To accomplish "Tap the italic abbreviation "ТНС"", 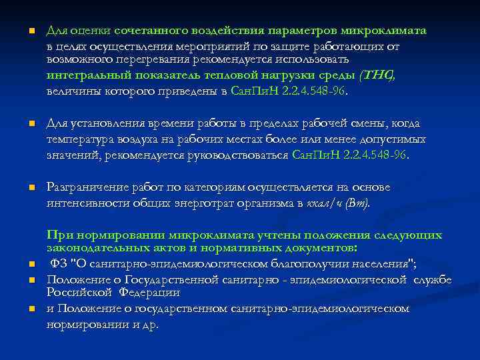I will coord(377,76).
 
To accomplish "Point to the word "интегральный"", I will coord(81,76).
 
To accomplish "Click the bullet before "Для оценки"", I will coord(22,32).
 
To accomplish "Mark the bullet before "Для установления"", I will coord(22,124).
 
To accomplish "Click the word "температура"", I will coord(79,139).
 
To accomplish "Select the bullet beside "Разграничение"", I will coord(22,187).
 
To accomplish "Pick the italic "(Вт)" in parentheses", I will coord(357,203).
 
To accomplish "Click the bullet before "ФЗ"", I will coord(22,264).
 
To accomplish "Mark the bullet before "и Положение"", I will coord(22,309).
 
